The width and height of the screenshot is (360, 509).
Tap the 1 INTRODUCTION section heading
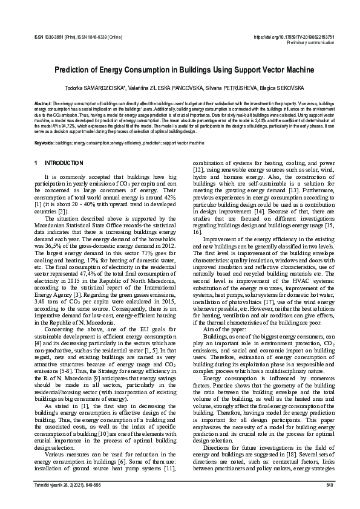[x=59, y=163]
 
